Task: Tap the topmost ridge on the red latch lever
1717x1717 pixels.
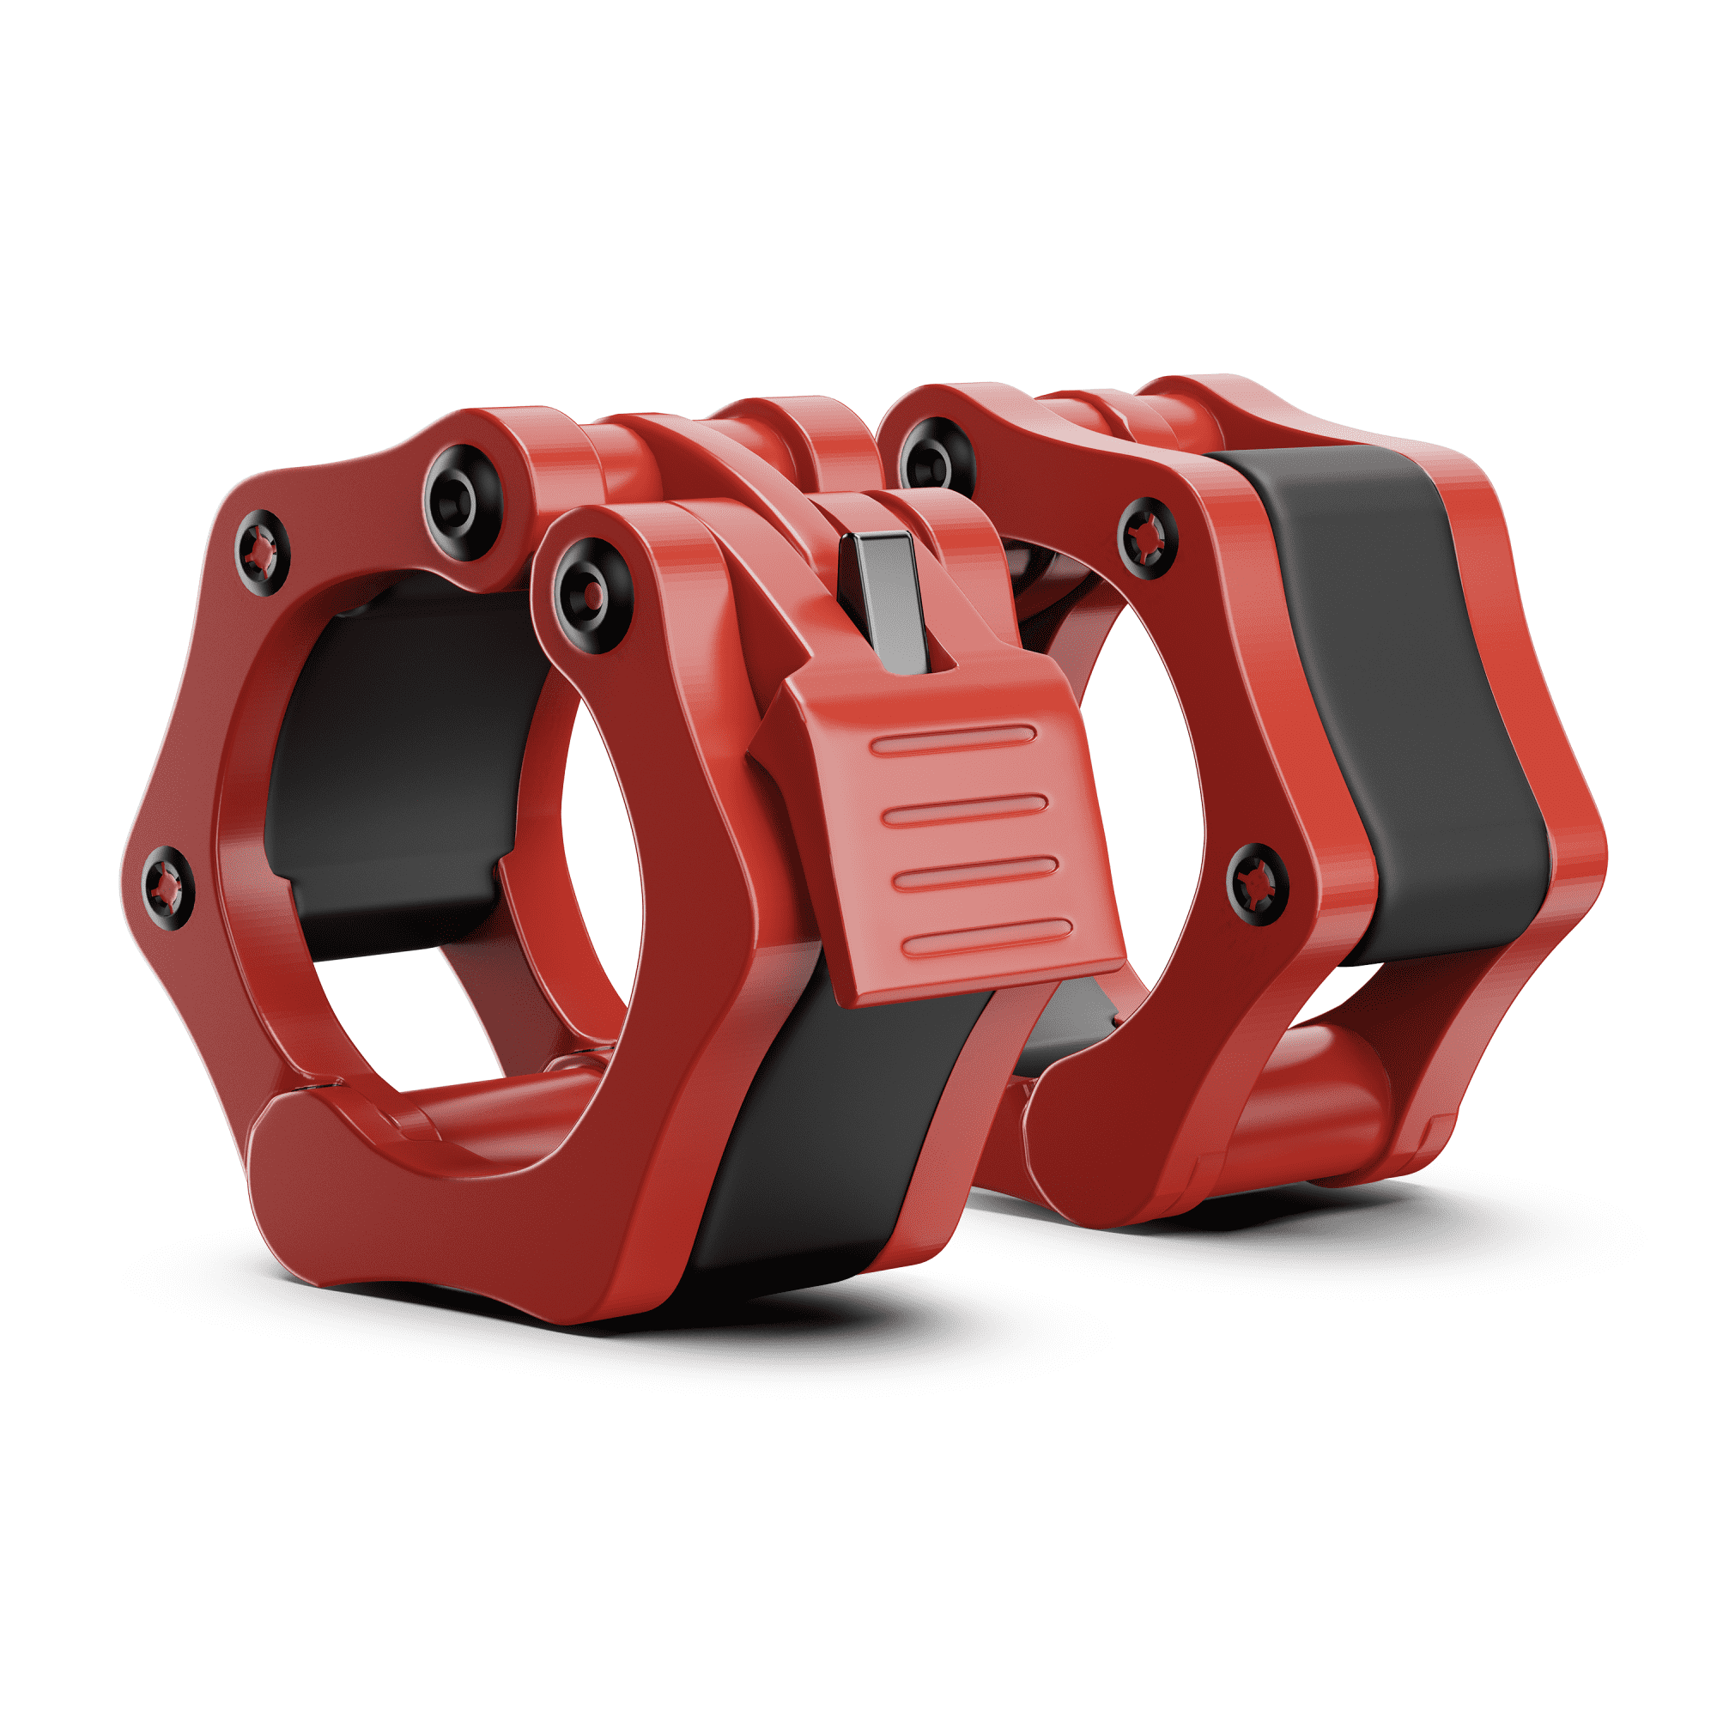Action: pos(953,739)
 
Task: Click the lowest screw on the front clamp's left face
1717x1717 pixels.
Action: pos(167,886)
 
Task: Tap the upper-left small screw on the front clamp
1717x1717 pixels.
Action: pos(262,552)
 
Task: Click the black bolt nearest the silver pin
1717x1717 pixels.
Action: pos(592,594)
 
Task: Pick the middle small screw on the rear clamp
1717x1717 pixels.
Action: pos(1146,537)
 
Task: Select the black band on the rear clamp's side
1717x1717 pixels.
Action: pos(1405,702)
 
